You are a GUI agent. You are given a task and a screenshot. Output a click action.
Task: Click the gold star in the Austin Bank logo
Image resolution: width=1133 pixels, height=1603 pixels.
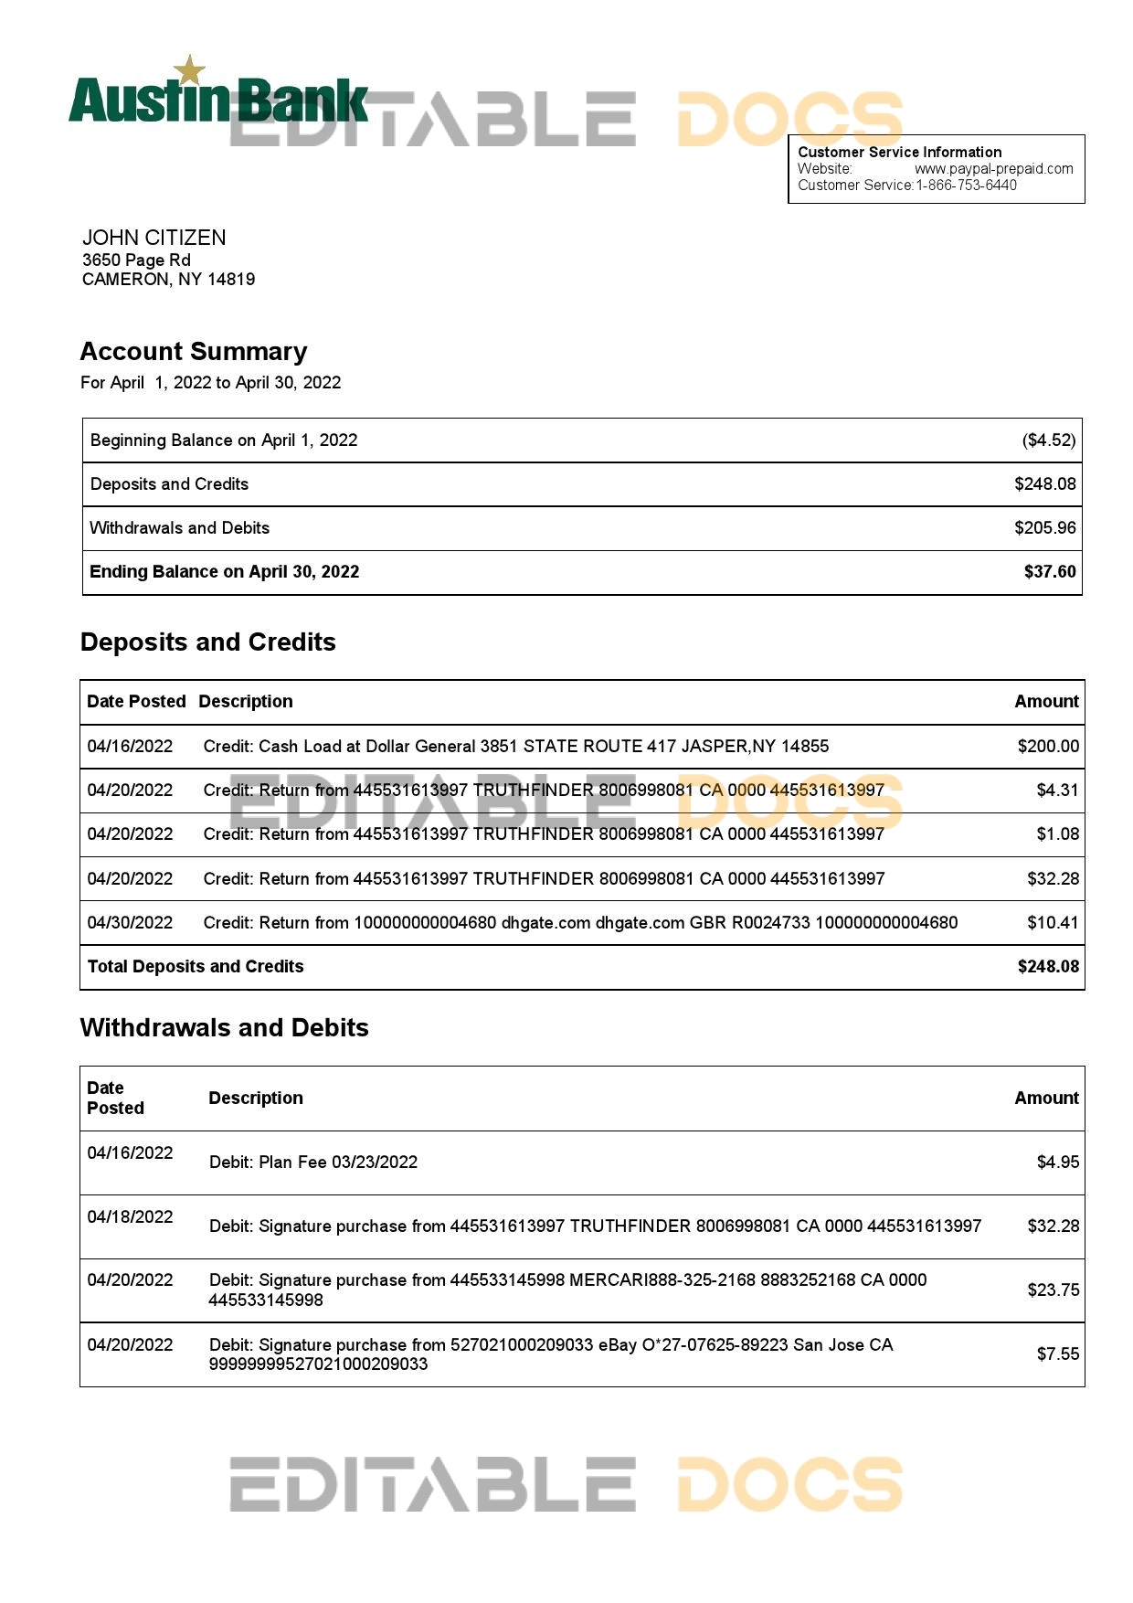tap(190, 69)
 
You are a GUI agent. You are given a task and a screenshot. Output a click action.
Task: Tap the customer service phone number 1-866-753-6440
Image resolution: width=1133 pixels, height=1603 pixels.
tap(966, 185)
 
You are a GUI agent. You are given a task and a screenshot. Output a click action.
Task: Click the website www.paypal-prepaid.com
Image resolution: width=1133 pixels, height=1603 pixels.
tap(993, 168)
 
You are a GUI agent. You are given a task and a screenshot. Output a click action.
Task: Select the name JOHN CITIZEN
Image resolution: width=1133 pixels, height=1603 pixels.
tap(154, 238)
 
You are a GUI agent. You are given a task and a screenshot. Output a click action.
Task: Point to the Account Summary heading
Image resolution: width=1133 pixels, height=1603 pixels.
tap(194, 352)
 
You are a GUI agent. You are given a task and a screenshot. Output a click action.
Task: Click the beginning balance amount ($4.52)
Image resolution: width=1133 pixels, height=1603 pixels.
tap(1048, 441)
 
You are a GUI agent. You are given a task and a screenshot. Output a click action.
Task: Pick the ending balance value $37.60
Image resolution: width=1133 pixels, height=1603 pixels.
tap(1049, 572)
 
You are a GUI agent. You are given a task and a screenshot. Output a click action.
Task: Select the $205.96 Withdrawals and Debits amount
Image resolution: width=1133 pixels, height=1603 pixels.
tap(1044, 528)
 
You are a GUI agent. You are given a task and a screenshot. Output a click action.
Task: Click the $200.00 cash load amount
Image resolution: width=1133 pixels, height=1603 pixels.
tap(1048, 747)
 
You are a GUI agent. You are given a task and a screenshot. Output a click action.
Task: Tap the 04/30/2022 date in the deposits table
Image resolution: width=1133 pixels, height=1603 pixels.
tap(130, 923)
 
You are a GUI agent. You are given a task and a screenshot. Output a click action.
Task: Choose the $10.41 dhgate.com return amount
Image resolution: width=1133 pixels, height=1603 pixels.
tap(1053, 923)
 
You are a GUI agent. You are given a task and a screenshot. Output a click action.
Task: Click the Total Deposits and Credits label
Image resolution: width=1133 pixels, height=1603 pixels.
tap(196, 967)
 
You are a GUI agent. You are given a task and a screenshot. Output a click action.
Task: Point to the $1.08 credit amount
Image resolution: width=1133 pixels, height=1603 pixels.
tap(1057, 834)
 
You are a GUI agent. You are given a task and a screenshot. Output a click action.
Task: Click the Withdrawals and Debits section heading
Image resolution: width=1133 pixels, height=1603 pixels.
tap(225, 1028)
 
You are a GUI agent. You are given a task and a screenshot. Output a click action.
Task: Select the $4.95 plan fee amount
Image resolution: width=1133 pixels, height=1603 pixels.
tap(1057, 1162)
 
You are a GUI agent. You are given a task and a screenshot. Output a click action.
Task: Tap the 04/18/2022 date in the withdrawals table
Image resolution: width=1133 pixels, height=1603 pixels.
tap(130, 1217)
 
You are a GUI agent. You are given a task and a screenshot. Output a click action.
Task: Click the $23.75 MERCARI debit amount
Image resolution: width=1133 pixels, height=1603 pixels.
tap(1053, 1290)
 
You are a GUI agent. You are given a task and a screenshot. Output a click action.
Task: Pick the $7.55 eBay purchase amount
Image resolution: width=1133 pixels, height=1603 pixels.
tap(1057, 1354)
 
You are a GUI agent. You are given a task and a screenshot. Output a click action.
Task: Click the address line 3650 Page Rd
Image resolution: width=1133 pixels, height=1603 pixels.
tap(136, 260)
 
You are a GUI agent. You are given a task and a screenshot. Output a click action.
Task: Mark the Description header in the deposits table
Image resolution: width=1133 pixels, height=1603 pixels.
tap(246, 702)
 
